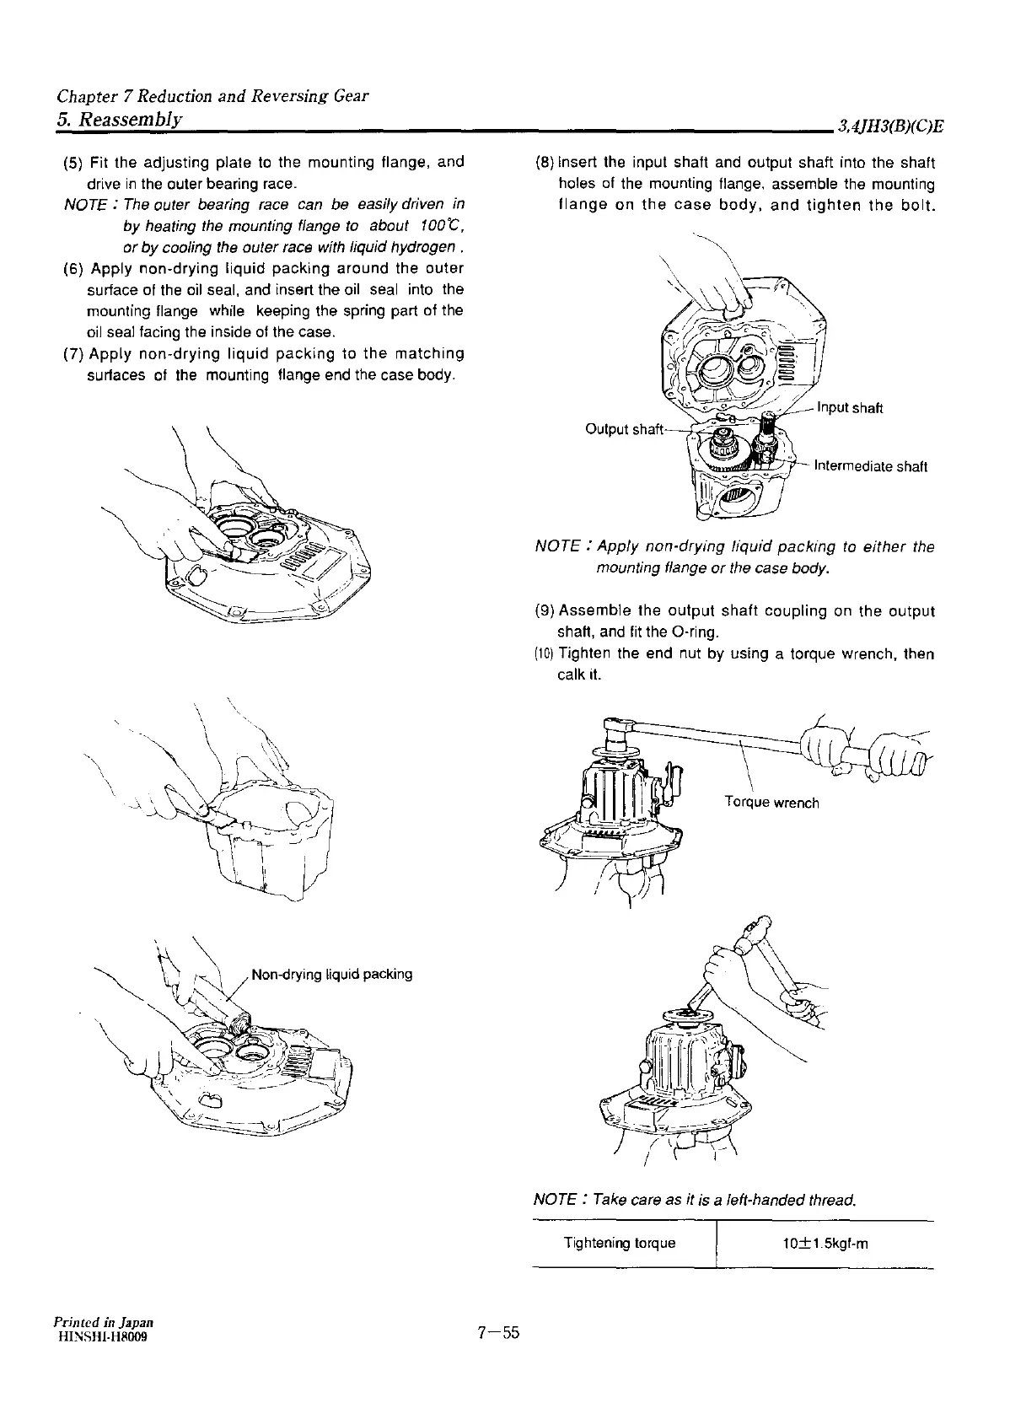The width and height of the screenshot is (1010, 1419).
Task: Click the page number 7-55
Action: point(499,1333)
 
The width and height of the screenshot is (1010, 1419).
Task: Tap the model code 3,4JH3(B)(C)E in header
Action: point(889,127)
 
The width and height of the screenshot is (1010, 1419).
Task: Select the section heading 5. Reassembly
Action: point(119,118)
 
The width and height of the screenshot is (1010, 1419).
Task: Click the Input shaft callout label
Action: point(850,409)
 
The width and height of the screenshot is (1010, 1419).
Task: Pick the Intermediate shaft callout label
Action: point(869,467)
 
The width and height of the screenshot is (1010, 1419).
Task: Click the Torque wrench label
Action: point(771,803)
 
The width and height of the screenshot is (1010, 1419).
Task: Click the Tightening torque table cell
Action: point(620,1244)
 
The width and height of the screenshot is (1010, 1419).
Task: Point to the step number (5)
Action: point(73,162)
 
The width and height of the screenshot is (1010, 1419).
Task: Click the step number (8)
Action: point(545,163)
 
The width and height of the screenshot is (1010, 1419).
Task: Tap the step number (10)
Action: point(544,655)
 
